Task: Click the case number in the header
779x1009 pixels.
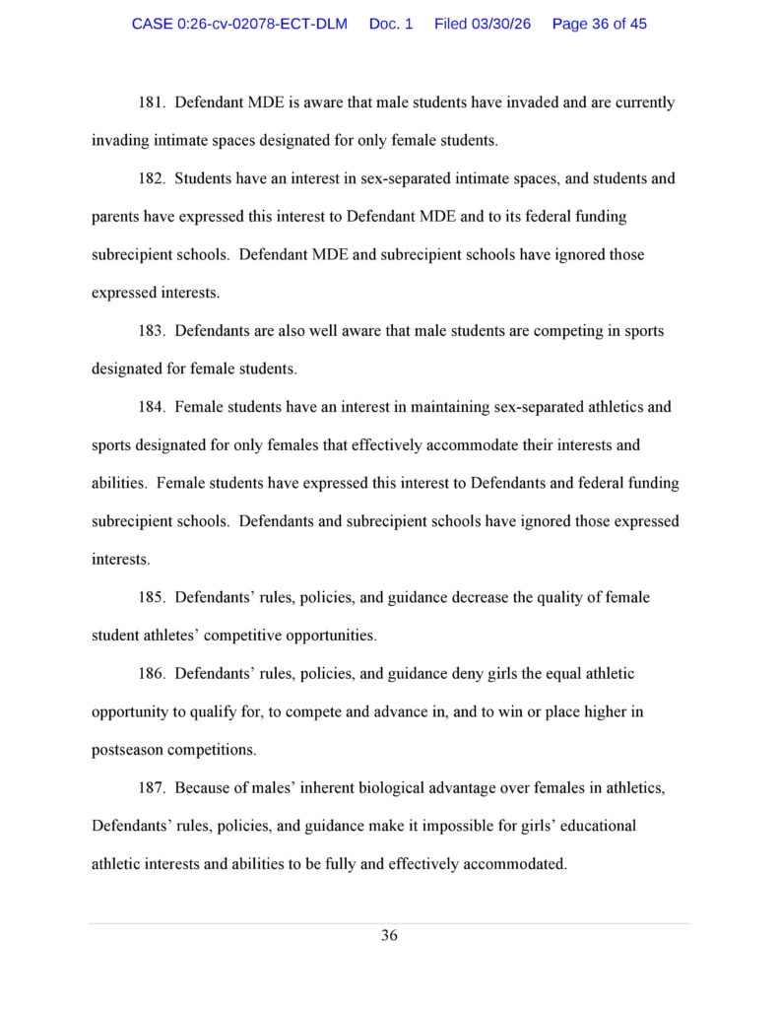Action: click(239, 24)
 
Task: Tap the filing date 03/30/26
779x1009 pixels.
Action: click(483, 24)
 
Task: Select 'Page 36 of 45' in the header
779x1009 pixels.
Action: click(600, 24)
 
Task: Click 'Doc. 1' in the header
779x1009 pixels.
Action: click(391, 24)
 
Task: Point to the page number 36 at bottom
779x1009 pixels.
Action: click(389, 935)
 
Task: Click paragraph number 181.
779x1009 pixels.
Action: click(151, 102)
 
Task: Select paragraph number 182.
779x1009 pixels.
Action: click(151, 178)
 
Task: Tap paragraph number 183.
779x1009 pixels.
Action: click(151, 331)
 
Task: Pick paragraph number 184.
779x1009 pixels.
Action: click(151, 407)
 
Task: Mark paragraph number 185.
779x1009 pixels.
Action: click(151, 597)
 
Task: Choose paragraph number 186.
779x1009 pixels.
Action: click(151, 674)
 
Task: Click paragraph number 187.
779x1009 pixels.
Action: click(151, 788)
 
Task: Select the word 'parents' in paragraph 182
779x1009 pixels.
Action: click(116, 217)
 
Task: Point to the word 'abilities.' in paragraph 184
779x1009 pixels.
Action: click(120, 484)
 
